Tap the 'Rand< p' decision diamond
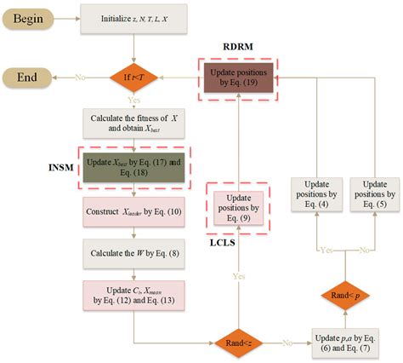point(343,296)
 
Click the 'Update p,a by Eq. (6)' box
point(343,343)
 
